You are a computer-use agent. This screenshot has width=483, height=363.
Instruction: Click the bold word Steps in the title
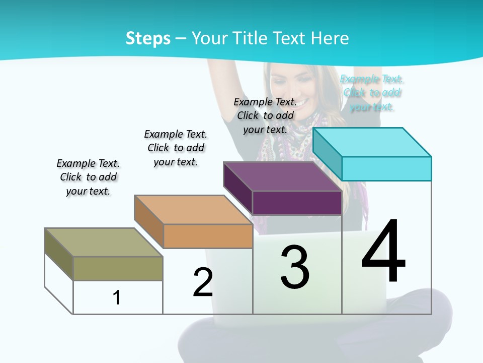(148, 38)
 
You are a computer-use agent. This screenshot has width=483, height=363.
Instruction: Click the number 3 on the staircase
(295, 267)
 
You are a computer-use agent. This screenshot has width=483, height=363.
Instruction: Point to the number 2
(203, 282)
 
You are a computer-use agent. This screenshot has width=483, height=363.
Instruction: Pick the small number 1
(117, 297)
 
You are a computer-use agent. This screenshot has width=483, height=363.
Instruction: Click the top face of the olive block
(104, 242)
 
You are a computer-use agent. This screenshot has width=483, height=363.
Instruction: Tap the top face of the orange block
(193, 210)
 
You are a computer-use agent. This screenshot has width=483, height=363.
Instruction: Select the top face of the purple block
(282, 176)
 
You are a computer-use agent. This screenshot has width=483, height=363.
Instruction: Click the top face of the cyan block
(372, 142)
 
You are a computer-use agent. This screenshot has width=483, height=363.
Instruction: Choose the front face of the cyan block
(386, 168)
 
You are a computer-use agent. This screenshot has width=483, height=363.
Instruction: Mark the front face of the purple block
(297, 203)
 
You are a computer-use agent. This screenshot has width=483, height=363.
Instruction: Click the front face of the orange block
(208, 236)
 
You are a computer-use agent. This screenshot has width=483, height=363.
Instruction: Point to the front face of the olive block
(118, 268)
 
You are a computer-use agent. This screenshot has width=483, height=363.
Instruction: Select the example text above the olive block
(88, 177)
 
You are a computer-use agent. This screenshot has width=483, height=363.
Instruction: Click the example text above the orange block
(176, 148)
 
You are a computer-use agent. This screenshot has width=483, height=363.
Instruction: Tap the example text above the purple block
(265, 115)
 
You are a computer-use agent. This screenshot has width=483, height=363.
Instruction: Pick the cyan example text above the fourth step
(372, 93)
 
